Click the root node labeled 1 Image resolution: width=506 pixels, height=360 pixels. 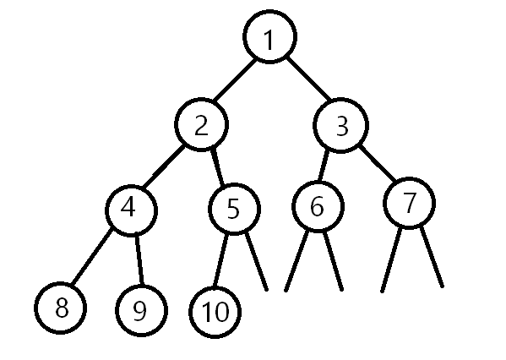point(269,37)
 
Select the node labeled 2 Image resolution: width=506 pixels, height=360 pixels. point(202,124)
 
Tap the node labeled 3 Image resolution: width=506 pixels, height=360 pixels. point(340,125)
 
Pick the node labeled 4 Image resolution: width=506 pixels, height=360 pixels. point(131,210)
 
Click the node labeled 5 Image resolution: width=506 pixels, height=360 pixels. point(234,209)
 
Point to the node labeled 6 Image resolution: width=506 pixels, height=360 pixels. point(318,206)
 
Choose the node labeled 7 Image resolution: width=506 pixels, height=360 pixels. point(409,204)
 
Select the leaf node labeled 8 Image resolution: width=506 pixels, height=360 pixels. point(60,308)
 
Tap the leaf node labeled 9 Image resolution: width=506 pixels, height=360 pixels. point(141,311)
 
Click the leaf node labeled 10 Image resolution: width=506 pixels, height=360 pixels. point(215,312)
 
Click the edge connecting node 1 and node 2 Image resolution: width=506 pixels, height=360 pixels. point(235,80)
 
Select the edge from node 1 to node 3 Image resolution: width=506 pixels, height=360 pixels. point(308,79)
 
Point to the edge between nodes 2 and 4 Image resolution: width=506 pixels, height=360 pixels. point(164,167)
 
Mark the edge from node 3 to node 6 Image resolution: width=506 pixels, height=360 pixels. point(324,166)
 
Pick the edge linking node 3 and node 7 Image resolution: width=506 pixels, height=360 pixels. point(378,163)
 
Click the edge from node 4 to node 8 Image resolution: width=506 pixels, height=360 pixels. point(91,258)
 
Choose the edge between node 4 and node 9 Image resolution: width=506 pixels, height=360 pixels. point(139,260)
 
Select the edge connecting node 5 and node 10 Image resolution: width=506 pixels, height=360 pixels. point(220,260)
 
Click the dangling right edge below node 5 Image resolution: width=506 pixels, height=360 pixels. point(257,261)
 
